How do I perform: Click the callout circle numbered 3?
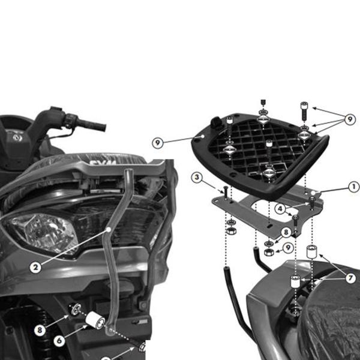point(197,177)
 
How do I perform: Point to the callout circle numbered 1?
point(354,187)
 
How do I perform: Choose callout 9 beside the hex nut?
point(288,247)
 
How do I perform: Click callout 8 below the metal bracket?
point(286,232)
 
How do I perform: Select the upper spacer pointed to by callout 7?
point(311,251)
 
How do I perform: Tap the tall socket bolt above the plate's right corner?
point(304,111)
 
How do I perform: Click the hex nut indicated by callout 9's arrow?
point(269,252)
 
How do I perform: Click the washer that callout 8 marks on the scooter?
point(76,310)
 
